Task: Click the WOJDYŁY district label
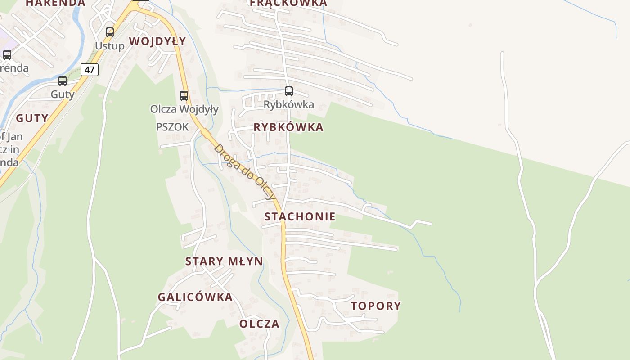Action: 157,41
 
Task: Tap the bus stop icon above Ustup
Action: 110,32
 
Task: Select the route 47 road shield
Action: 90,70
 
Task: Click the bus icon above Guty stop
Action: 63,81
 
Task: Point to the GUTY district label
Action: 32,118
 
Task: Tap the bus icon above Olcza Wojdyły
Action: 184,95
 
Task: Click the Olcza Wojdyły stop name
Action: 184,109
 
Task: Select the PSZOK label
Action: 172,127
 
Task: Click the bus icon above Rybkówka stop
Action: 289,91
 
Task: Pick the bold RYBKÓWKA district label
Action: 288,127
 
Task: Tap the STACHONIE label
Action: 300,216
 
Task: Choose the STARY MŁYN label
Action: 224,261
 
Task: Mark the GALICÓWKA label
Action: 195,297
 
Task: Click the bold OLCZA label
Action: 259,324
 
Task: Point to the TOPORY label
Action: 376,306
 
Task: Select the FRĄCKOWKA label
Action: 288,3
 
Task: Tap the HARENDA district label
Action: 55,3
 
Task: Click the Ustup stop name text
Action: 109,46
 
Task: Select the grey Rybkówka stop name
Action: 289,105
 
